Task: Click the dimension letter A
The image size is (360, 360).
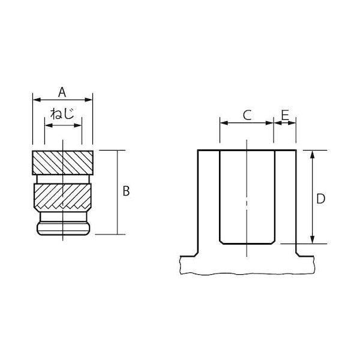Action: point(62,92)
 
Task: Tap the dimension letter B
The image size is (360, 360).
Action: point(126,191)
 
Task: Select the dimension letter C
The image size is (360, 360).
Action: point(247,115)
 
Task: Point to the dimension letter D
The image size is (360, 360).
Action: point(320,199)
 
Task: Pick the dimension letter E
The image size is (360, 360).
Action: point(285,115)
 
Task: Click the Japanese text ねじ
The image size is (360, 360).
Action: point(62,113)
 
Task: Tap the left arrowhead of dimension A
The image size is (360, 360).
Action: point(37,100)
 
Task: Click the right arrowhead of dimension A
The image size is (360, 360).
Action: point(88,100)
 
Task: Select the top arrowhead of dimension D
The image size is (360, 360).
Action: point(312,155)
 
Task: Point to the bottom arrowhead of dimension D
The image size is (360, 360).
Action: point(312,239)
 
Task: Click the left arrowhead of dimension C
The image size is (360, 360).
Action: point(224,123)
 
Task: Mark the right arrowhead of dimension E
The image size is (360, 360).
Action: point(292,123)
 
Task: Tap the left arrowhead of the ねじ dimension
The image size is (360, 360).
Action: point(49,125)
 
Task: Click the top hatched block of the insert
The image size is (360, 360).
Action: point(62,163)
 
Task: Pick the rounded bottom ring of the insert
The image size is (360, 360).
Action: point(64,228)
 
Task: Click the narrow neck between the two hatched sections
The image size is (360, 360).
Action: point(63,179)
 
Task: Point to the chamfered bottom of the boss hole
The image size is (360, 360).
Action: point(247,242)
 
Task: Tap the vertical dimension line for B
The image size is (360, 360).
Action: point(118,193)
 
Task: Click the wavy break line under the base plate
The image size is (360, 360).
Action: point(247,274)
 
